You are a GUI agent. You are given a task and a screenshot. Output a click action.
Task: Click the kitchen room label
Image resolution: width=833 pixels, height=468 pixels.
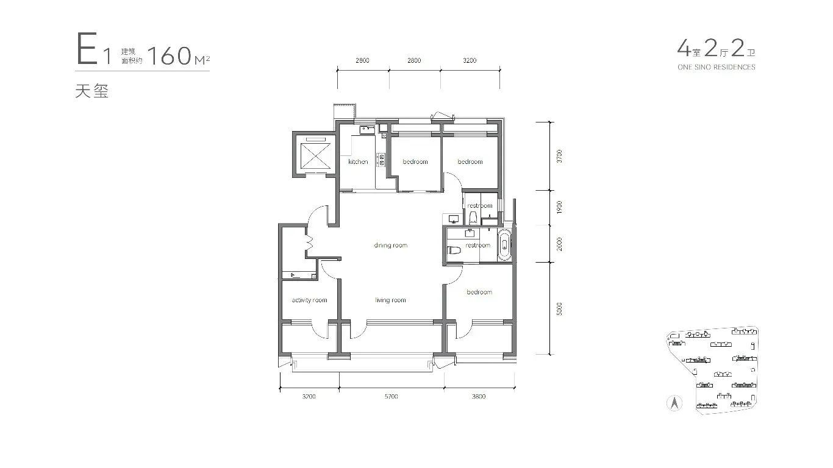point(358,161)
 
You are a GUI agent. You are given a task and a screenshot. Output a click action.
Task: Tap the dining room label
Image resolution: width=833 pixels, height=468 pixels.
point(390,246)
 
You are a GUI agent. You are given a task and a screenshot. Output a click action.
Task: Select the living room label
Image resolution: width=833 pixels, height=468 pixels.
point(390,300)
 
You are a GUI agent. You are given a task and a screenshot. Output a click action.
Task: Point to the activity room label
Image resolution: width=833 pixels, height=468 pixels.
point(309,300)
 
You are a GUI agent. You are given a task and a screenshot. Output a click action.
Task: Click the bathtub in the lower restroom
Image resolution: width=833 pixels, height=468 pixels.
point(504,244)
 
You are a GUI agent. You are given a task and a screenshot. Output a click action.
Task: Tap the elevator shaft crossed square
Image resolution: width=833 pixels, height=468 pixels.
point(315,156)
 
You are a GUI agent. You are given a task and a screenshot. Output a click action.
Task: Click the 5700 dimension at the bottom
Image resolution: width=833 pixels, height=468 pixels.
point(391,397)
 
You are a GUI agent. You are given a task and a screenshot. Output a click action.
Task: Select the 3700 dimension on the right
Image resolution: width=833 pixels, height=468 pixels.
point(559,156)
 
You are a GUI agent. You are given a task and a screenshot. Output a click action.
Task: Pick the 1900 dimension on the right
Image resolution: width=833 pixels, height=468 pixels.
point(559,207)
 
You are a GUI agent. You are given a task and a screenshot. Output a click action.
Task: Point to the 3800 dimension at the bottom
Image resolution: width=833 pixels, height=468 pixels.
point(479,397)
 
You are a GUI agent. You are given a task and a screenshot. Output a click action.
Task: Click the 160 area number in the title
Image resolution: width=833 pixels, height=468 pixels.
point(170,56)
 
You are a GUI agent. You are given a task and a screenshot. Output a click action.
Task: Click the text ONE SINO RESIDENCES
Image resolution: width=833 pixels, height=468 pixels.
point(717,67)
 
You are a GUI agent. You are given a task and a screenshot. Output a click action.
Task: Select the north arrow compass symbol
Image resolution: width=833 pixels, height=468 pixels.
point(674,403)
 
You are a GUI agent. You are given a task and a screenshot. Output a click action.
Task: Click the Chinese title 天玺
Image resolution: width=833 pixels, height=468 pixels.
point(92,91)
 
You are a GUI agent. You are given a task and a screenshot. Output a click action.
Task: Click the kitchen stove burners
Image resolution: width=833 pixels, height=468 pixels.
point(381,160)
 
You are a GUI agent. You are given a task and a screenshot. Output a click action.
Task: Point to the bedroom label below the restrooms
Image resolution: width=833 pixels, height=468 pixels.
point(479,292)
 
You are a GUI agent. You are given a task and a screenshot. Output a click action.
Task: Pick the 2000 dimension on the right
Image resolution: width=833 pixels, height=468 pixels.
point(559,244)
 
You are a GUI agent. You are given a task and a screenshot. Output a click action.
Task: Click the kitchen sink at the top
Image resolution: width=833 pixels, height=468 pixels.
point(367,130)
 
